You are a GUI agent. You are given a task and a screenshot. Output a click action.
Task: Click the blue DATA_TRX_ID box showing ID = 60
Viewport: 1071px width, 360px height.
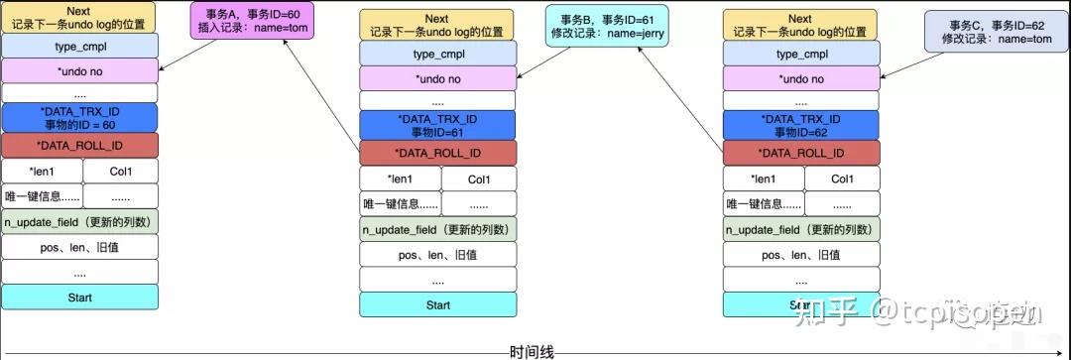(79, 117)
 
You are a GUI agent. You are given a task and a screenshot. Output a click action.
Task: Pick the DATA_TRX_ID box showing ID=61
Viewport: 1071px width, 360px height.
(438, 125)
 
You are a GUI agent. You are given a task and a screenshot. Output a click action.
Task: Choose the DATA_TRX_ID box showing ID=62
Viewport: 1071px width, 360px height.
(800, 125)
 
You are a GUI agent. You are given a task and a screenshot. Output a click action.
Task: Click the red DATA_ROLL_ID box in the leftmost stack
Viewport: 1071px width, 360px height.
(79, 146)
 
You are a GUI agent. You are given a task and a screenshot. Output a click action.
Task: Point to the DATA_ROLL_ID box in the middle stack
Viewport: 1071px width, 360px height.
(438, 153)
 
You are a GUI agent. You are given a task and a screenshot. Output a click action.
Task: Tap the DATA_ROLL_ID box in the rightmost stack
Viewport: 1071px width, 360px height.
(800, 153)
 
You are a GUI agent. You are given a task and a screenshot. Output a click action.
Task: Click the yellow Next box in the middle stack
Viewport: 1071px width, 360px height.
(438, 25)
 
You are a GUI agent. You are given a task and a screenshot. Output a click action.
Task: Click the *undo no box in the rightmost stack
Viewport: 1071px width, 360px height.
(800, 78)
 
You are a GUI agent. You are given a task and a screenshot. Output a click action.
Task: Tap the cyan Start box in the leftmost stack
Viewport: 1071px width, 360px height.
(79, 297)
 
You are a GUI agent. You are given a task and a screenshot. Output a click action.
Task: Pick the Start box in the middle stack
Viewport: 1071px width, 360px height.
(438, 304)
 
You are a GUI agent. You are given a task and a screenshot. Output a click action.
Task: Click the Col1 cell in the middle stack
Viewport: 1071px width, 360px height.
(479, 180)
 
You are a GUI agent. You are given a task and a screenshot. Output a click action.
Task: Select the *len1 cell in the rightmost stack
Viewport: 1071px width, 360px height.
(762, 180)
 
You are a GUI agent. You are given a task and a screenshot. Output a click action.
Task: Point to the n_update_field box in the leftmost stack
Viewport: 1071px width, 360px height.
(79, 221)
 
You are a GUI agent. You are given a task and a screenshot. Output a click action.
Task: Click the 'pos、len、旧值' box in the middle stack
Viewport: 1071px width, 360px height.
(438, 254)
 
